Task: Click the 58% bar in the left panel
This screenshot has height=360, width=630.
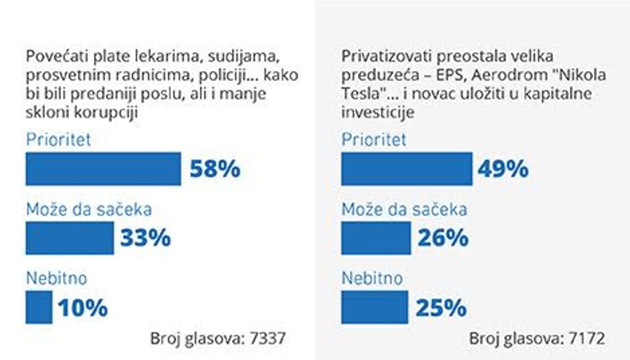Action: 103,169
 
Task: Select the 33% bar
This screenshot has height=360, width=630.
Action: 70,238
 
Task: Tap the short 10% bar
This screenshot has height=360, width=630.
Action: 39,307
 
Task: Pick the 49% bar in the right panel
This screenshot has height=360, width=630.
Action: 406,169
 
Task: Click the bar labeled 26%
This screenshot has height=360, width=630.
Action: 376,238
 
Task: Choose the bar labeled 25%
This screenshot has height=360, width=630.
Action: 374,307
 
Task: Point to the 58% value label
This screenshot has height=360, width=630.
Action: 215,169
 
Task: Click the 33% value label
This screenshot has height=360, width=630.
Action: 146,238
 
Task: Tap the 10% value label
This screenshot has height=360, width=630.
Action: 84,307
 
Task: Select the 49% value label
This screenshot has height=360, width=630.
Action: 503,169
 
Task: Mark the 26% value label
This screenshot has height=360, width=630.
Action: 442,238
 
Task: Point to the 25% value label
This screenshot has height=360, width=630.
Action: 441,307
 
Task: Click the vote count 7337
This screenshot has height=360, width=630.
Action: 265,339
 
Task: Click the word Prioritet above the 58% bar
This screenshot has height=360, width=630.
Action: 59,139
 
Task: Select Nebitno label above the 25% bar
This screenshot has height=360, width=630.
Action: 372,279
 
